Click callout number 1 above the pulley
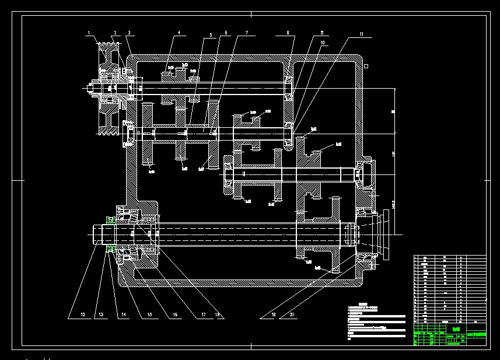(89, 33)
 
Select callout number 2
(116, 33)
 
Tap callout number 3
(129, 33)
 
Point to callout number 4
(179, 33)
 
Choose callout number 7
(247, 33)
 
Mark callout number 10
(323, 42)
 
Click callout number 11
(362, 35)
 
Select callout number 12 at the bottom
(83, 315)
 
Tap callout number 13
(101, 315)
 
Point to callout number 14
(124, 315)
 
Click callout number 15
(150, 315)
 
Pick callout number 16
(174, 315)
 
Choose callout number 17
(204, 315)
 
